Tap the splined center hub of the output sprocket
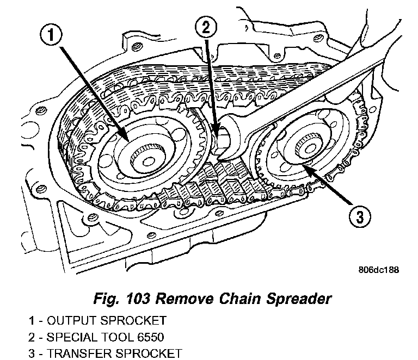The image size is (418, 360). coord(145,158)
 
